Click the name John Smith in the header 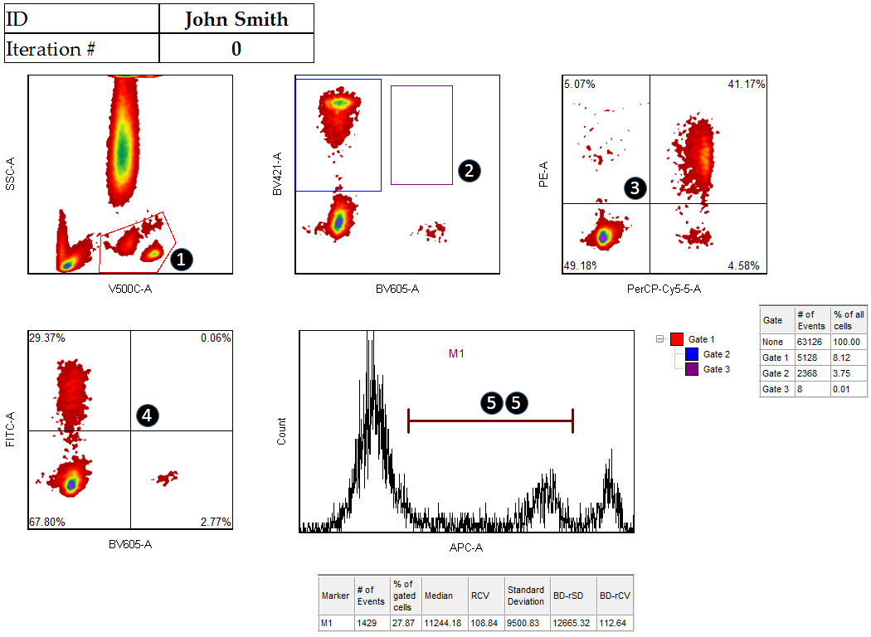236,19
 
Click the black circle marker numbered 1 180,260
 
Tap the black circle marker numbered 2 469,171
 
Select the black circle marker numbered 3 635,187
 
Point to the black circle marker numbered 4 146,416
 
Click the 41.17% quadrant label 747,84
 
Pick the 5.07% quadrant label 579,84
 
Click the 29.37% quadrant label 47,338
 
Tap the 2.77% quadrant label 216,522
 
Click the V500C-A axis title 130,289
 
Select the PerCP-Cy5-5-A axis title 664,289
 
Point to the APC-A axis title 465,547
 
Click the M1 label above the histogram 457,354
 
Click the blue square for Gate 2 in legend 692,354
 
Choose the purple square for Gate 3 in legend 692,369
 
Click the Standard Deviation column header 526,596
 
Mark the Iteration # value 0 236,49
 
